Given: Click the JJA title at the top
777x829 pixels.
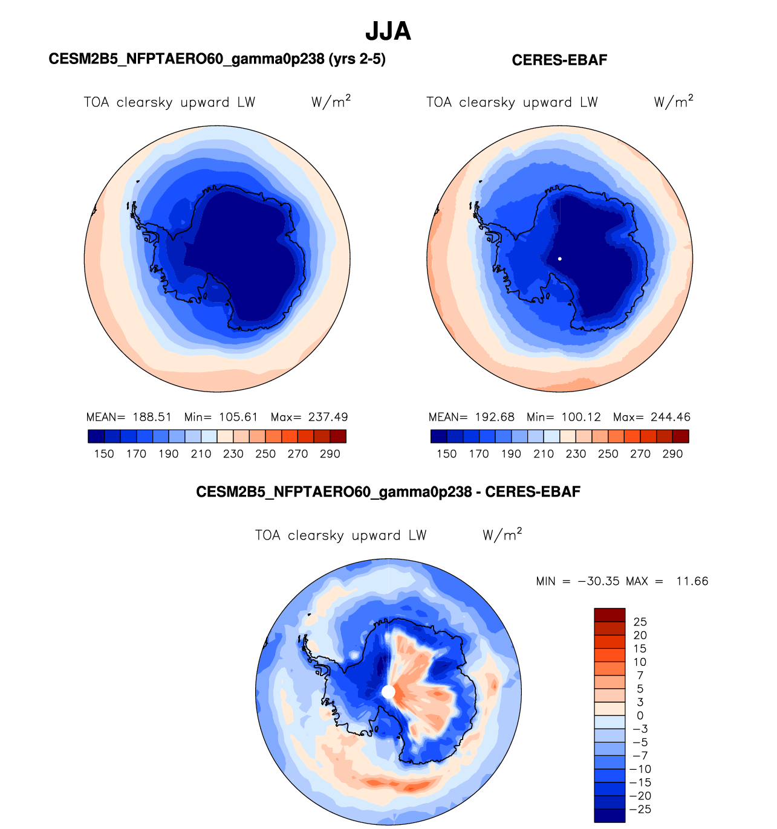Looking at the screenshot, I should tap(388, 31).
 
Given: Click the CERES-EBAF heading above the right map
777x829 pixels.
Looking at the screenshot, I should tap(559, 60).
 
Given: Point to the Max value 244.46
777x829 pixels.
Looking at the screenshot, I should tap(670, 417).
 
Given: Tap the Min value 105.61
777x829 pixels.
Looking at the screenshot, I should tap(238, 417).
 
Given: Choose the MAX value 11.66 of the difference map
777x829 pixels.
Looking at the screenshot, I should tap(692, 581).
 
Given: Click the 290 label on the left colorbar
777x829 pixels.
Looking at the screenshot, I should tap(330, 454).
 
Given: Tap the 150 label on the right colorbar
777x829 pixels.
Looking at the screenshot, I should tap(446, 454).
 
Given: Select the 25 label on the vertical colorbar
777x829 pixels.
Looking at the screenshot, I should tap(640, 622).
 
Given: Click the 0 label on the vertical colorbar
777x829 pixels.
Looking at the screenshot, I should tap(640, 716).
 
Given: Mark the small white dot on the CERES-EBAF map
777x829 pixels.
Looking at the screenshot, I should tap(560, 259).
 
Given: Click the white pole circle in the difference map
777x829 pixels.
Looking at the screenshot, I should tap(388, 692).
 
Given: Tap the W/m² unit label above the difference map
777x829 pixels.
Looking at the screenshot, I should tap(502, 535).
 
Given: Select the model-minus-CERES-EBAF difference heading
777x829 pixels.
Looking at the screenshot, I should tap(388, 492).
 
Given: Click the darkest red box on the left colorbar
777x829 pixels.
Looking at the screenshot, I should tap(338, 436).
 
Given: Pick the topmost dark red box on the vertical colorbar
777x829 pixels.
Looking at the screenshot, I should tap(610, 615).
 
